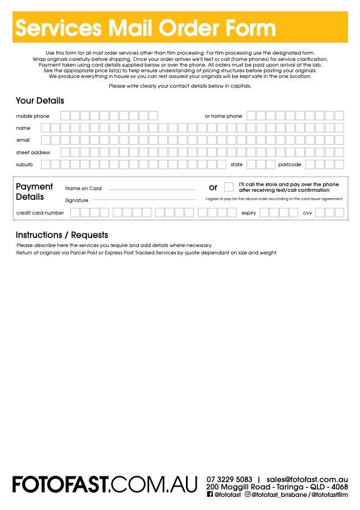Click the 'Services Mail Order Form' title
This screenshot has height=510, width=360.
(145, 28)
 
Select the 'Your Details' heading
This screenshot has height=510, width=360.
(40, 101)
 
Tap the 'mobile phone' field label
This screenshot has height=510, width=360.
(32, 116)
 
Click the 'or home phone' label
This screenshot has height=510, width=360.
(224, 116)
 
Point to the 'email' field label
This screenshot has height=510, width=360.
(23, 140)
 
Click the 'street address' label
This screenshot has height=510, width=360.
(33, 153)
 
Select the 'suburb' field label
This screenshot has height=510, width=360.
(24, 164)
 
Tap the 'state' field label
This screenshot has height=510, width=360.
(237, 164)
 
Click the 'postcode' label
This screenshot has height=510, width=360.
(289, 164)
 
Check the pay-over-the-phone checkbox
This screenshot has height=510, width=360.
(229, 187)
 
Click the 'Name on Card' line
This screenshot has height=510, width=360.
(151, 189)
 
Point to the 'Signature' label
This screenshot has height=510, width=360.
(77, 200)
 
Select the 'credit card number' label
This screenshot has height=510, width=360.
(40, 213)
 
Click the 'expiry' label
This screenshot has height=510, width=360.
(249, 213)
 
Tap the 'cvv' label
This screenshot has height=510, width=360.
(307, 213)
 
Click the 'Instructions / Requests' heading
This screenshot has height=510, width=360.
(61, 235)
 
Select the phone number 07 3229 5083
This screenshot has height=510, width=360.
(229, 479)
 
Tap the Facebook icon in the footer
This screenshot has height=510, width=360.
(210, 495)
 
